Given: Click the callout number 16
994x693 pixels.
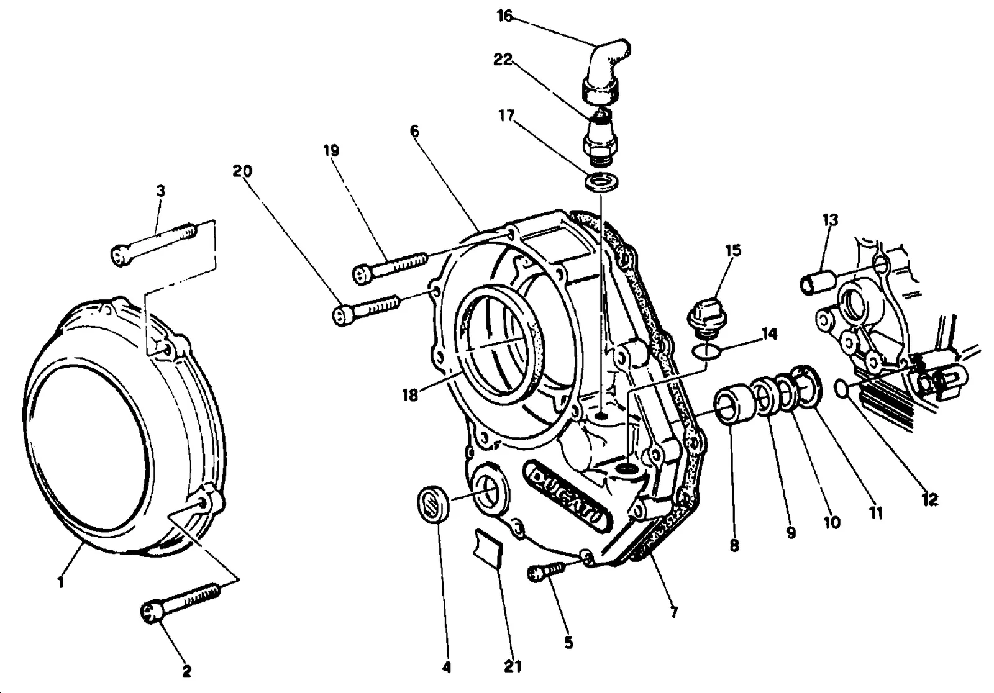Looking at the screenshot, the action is [x=505, y=16].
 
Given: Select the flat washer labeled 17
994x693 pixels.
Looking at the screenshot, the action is [x=602, y=183].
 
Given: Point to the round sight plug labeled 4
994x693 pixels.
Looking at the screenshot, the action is [x=433, y=506].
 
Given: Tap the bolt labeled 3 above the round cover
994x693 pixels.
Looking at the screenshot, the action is [x=153, y=245].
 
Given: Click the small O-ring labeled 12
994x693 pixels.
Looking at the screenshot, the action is [x=841, y=387].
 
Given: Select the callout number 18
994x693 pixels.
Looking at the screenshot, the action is [x=410, y=394].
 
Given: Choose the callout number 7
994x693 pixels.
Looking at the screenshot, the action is [x=674, y=612].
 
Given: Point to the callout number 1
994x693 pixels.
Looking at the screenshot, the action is [x=61, y=582].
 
